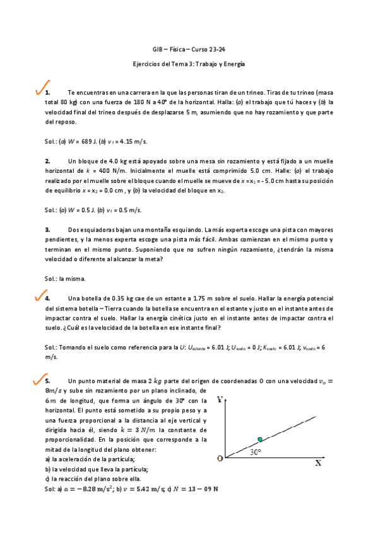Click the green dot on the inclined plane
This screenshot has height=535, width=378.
pyautogui.click(x=259, y=439)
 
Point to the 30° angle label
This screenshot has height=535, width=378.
pyautogui.click(x=254, y=452)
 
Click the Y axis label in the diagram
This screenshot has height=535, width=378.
pyautogui.click(x=220, y=400)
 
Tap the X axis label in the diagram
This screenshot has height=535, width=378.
pyautogui.click(x=318, y=462)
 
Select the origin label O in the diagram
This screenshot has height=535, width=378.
pyautogui.click(x=220, y=459)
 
